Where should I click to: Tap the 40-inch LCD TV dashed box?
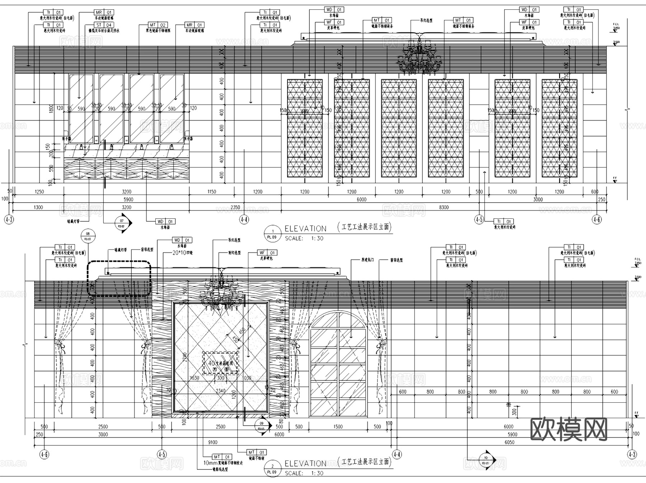[220, 363]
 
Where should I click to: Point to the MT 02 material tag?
[158, 25]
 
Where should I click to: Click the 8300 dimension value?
[444, 207]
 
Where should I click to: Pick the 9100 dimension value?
[212, 442]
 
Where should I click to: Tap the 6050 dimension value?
[509, 442]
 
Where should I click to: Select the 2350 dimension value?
[235, 207]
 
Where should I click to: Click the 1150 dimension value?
[212, 192]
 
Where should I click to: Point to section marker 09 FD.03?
[262, 426]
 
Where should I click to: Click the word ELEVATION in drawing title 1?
[305, 229]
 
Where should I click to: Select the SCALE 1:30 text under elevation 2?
[304, 473]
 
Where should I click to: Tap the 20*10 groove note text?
[182, 253]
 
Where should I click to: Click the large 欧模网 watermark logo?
[569, 429]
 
